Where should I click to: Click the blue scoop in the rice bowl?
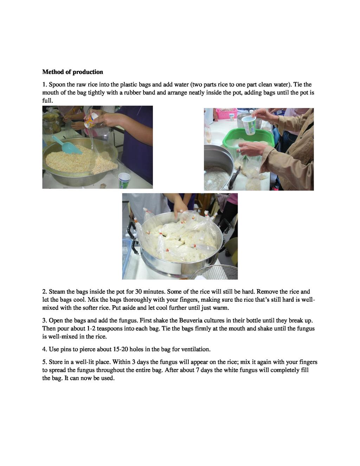pyautogui.click(x=67, y=145)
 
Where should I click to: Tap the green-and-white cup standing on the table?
pyautogui.click(x=124, y=180)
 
